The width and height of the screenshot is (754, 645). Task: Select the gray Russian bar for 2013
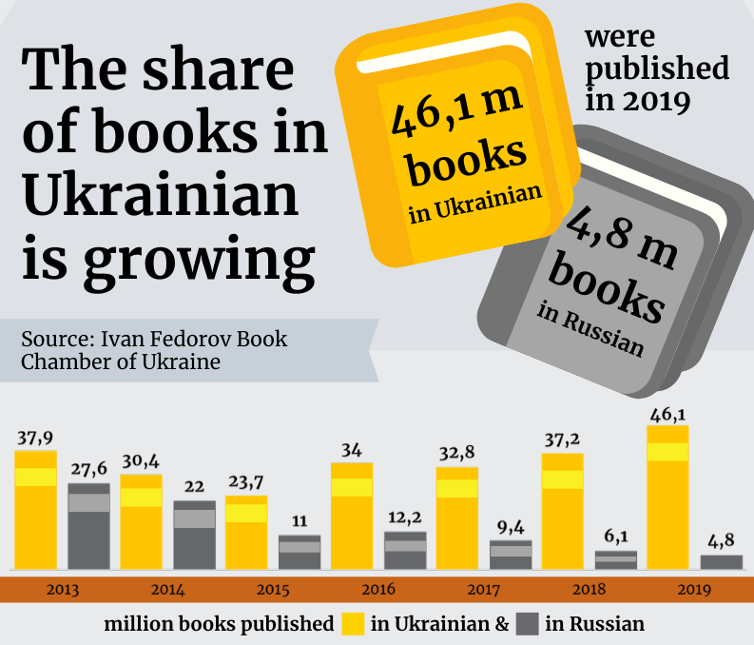coord(88,527)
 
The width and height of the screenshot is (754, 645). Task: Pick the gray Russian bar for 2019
coord(721,562)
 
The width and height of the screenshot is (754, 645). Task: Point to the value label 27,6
coord(88,470)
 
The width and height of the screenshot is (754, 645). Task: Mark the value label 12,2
coord(405,518)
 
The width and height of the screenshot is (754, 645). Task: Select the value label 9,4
coord(511,527)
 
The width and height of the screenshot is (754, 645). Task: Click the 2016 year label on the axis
coord(378,589)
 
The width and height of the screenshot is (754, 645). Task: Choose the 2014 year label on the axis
coord(167,589)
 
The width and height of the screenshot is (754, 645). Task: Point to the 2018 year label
coord(590,589)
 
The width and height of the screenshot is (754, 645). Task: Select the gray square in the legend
coord(528,624)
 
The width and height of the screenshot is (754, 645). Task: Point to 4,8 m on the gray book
coord(623,232)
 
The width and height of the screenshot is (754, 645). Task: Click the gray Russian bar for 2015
coord(300,553)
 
